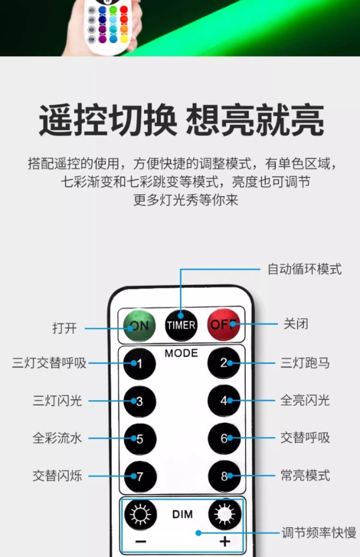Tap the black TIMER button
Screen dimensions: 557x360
181,325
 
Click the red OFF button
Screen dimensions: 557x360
224,325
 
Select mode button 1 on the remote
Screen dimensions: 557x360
139,363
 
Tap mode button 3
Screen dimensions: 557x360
139,401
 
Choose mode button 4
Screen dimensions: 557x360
224,401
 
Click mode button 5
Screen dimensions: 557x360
139,438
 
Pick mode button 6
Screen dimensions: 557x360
224,438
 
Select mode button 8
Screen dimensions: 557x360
224,476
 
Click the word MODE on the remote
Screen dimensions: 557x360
181,354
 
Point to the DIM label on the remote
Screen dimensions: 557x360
182,515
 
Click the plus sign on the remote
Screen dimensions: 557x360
225,542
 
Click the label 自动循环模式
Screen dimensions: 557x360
304,269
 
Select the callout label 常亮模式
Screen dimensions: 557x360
305,476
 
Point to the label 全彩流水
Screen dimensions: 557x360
57,438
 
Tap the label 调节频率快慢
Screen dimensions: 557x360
318,532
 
